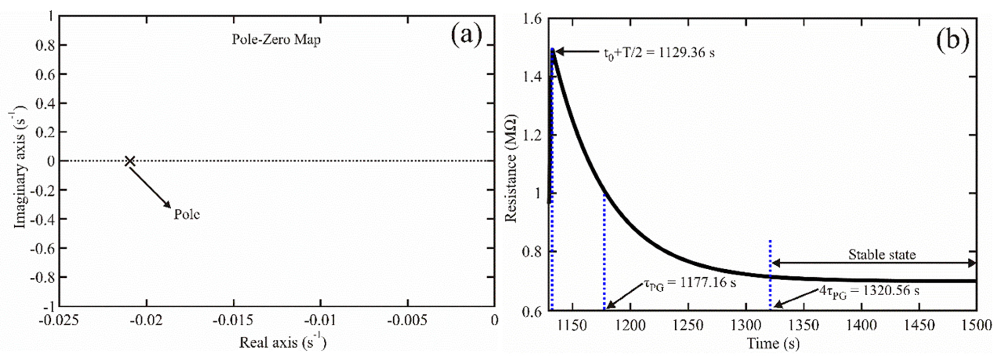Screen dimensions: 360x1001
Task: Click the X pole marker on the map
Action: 130,161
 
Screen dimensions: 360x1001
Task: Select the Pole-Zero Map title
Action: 276,40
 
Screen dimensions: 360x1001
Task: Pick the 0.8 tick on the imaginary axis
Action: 45,45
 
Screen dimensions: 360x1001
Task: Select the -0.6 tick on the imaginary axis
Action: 43,248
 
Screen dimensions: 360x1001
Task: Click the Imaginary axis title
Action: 20,170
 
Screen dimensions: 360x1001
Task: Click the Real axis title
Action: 283,342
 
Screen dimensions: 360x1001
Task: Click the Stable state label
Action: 882,255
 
